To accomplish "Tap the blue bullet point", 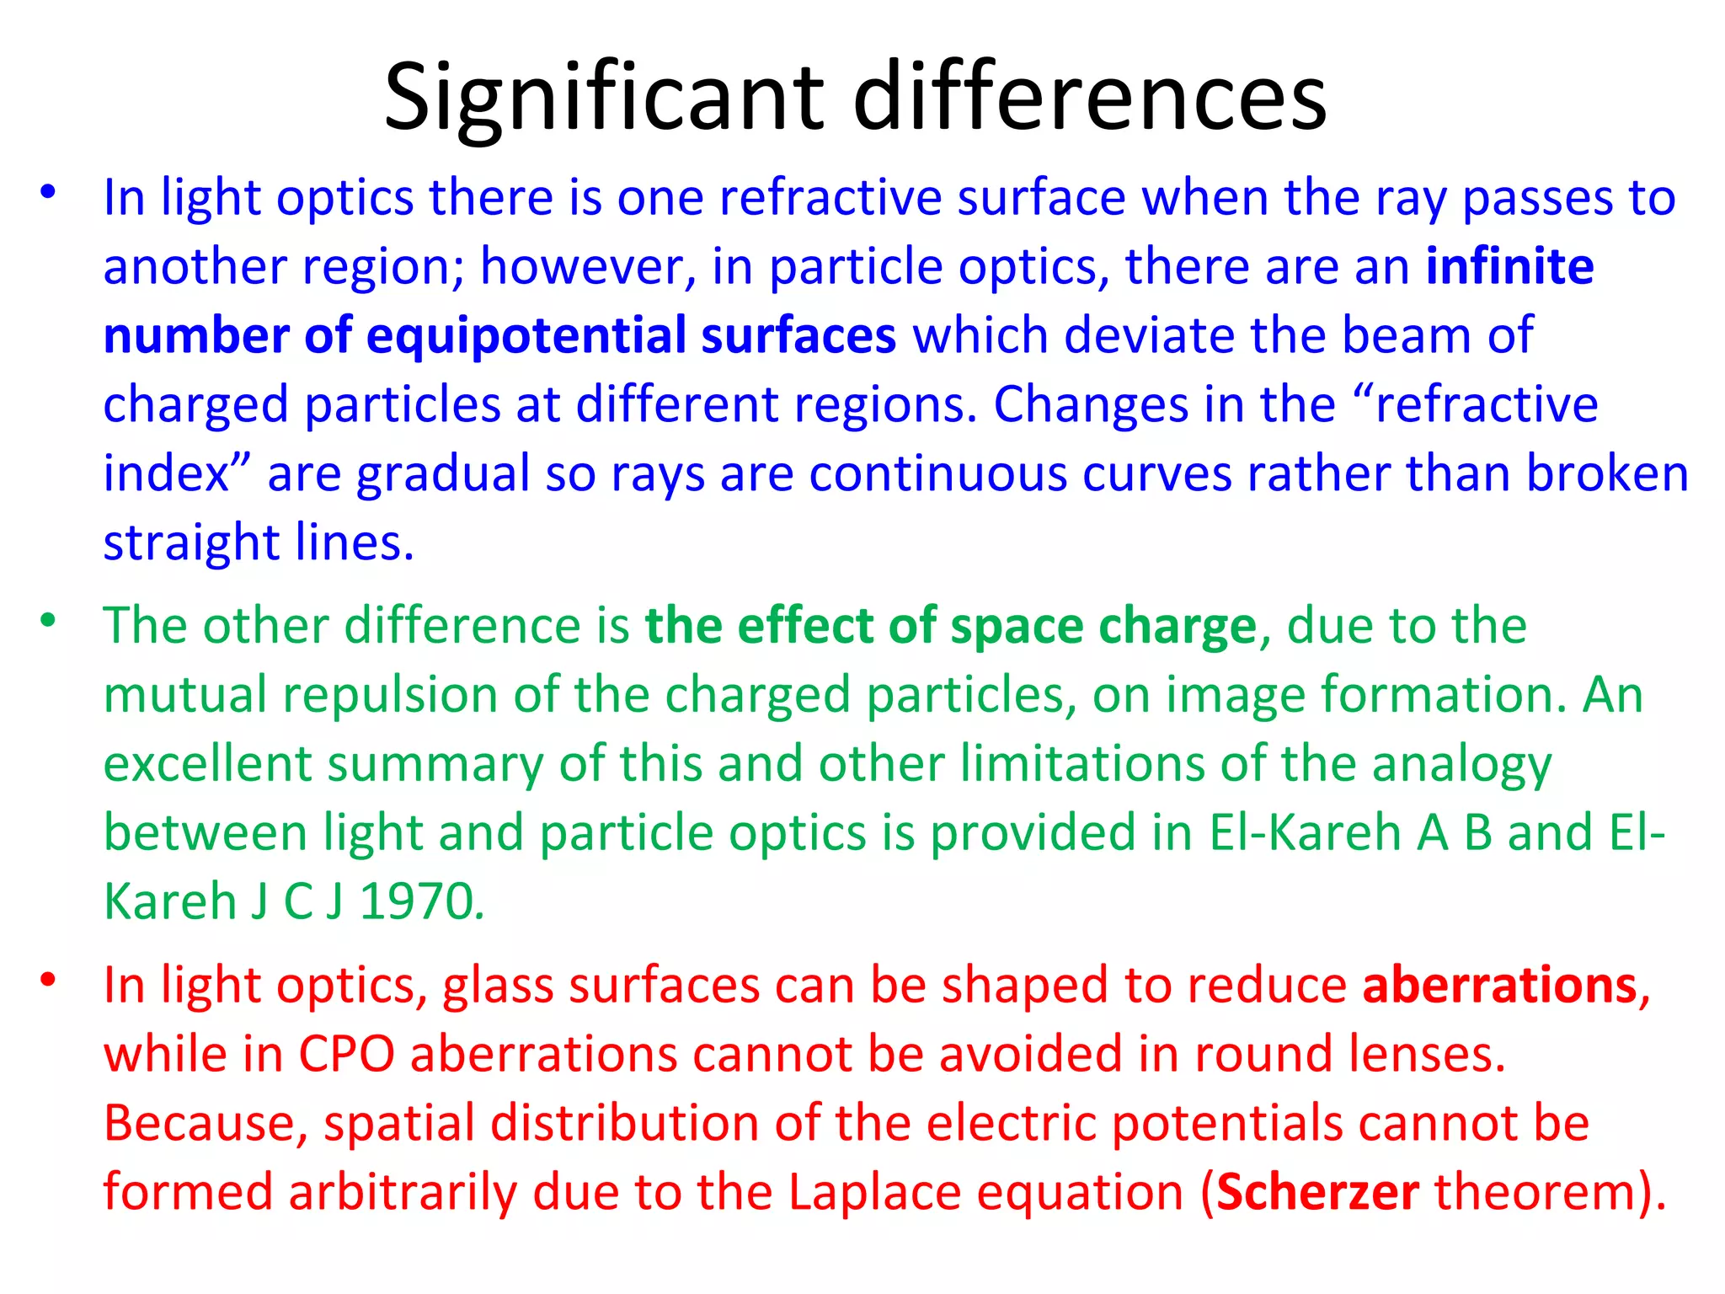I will (48, 193).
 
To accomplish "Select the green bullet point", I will (48, 621).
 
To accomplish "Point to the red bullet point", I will (48, 980).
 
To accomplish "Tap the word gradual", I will (443, 474).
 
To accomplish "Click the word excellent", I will (207, 764).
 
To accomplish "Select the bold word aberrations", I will (1499, 986).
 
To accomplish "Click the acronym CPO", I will (346, 1055).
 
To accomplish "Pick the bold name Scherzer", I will (1318, 1193).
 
